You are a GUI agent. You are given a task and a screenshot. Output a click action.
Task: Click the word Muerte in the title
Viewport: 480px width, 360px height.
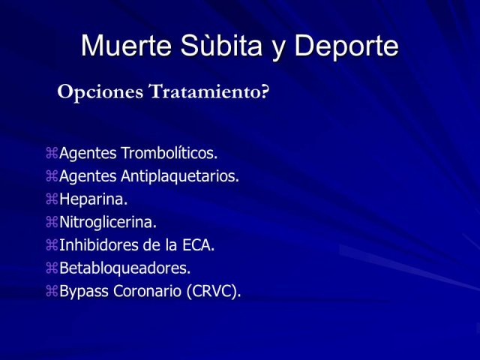(x=126, y=46)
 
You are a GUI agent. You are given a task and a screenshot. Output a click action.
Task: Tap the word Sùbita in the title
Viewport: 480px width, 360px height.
(x=221, y=45)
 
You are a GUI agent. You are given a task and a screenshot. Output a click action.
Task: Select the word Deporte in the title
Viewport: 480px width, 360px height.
(x=346, y=46)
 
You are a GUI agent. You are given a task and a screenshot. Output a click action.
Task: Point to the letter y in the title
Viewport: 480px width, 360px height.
(x=278, y=50)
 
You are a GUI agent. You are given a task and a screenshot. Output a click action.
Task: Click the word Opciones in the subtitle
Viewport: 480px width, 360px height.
(x=100, y=92)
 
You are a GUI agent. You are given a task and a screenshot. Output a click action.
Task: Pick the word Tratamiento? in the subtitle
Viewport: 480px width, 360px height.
(x=208, y=91)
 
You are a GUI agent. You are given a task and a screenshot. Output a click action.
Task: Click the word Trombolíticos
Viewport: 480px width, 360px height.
(x=169, y=153)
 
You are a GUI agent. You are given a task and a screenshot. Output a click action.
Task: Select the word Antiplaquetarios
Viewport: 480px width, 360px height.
(x=180, y=176)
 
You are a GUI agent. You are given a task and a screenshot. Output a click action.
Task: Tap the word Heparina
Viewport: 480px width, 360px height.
(x=93, y=199)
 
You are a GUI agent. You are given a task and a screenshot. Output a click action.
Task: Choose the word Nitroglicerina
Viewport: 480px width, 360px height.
(x=108, y=222)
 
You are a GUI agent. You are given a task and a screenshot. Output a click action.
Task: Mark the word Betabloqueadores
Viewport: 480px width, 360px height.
(x=125, y=268)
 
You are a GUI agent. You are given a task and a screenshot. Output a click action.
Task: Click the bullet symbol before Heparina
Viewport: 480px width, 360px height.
(x=52, y=199)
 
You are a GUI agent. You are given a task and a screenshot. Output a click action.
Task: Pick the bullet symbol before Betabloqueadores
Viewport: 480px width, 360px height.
(x=52, y=268)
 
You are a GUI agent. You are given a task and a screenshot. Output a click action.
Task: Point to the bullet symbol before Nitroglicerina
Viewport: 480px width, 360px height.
(x=52, y=222)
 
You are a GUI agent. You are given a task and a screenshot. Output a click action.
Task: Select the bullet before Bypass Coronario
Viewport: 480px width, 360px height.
(x=52, y=291)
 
